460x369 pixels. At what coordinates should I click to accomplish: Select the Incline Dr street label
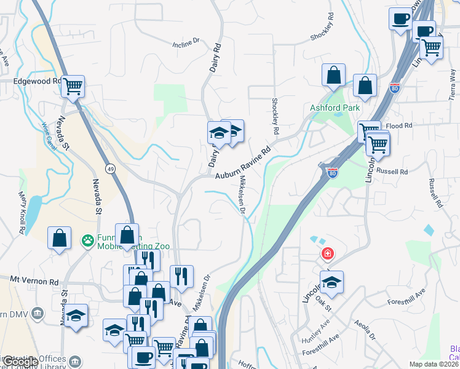187,42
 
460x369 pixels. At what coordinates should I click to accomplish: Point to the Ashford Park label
334,108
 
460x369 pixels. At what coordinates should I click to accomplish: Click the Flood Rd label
399,125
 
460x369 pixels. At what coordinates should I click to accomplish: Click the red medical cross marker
328,253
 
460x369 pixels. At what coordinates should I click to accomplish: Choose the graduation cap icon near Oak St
331,282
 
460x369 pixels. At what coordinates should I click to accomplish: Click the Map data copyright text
434,364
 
